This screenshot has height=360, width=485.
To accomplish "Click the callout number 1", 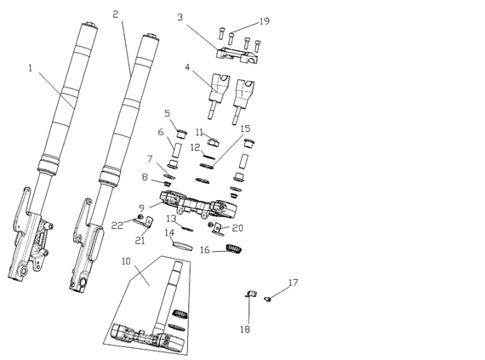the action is [x=31, y=68].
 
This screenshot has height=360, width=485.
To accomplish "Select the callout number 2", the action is [x=116, y=14].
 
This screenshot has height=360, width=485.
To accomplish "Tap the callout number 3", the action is [x=180, y=17].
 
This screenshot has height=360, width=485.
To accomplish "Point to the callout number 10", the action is [x=126, y=261].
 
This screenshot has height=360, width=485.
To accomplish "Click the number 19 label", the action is [x=264, y=21].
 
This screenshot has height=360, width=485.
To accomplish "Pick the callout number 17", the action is [x=294, y=283].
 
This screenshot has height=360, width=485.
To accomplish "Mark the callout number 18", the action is [x=245, y=329].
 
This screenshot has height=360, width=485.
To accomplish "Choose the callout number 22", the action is [x=117, y=226].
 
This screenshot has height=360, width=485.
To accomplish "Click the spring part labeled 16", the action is [x=234, y=249].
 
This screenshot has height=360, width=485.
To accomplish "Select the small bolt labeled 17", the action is [x=268, y=299].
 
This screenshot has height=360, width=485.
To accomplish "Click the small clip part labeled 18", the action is [x=252, y=294].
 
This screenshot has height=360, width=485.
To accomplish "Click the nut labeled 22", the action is [x=140, y=216].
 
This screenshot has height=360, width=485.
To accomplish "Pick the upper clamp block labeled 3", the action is [x=237, y=55].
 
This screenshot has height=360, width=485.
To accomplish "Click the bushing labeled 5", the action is [x=182, y=134].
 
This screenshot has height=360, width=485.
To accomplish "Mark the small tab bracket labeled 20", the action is [x=218, y=230].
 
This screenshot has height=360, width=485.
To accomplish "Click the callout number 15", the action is [x=246, y=129].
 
